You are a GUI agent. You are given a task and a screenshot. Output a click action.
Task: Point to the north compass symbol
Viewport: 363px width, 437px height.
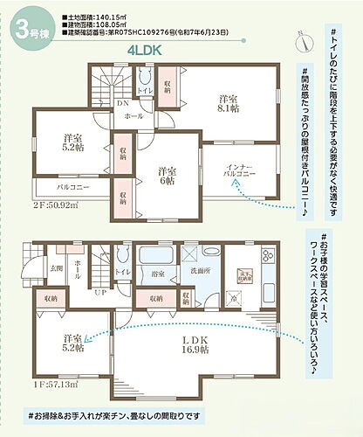(x=301, y=38)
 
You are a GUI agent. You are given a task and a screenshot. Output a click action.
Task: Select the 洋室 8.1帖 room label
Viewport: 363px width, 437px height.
(x=229, y=105)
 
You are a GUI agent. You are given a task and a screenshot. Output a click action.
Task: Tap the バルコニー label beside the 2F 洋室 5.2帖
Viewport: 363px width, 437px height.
(x=76, y=188)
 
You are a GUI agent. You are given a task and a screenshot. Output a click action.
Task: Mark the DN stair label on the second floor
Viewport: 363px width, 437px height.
(x=123, y=101)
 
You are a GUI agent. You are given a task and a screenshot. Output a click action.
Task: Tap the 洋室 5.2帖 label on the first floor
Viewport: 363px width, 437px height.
(x=72, y=343)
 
